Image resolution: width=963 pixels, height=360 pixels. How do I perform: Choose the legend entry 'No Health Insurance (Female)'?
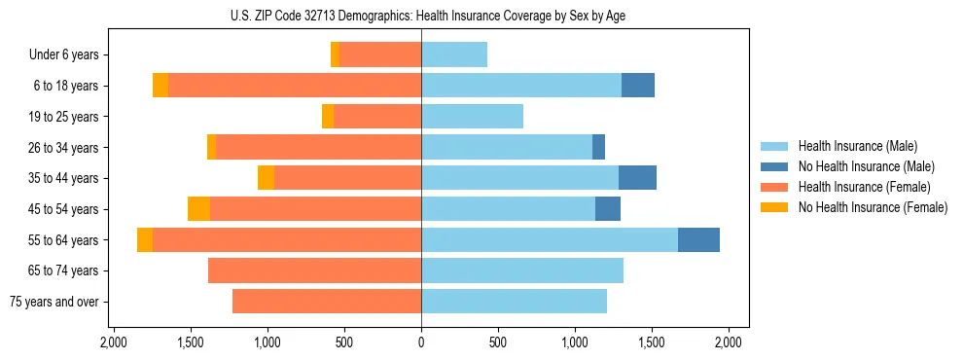pyautogui.click(x=873, y=207)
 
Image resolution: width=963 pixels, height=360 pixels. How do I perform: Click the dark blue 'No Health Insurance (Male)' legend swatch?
pyautogui.click(x=774, y=166)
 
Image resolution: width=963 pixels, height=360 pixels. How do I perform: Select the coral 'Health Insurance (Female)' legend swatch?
pyautogui.click(x=774, y=187)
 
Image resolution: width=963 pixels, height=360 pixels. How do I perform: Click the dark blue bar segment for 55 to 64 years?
pyautogui.click(x=698, y=240)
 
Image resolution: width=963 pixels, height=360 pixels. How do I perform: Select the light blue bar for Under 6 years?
pyautogui.click(x=454, y=55)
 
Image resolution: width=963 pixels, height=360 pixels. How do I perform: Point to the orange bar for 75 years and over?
pyautogui.click(x=327, y=302)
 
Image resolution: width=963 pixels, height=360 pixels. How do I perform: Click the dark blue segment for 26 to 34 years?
pyautogui.click(x=598, y=148)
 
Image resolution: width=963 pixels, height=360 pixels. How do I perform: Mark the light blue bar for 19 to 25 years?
pyautogui.click(x=472, y=117)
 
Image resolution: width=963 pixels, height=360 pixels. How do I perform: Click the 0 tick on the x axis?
pyautogui.click(x=421, y=342)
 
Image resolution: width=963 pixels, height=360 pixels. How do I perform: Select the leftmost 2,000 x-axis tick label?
pyautogui.click(x=113, y=342)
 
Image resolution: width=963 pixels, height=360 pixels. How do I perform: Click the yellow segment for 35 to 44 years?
pyautogui.click(x=266, y=178)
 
